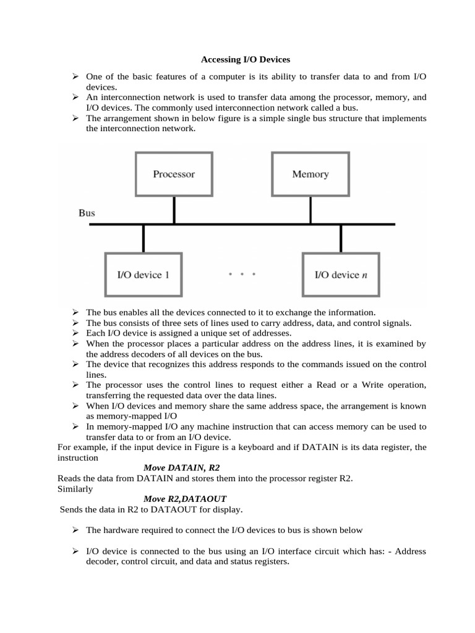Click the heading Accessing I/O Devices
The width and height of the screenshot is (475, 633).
click(x=245, y=60)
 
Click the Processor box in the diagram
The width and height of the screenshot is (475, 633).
click(x=174, y=174)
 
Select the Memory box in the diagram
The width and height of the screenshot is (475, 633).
click(x=310, y=174)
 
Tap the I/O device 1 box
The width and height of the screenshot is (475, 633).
click(x=143, y=274)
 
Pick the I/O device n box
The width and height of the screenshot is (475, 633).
click(x=341, y=274)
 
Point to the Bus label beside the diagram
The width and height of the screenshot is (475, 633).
click(x=87, y=213)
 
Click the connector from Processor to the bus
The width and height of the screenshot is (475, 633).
click(x=174, y=210)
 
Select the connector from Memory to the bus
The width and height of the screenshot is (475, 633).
click(x=310, y=210)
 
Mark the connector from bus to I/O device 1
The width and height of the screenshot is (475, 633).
click(x=143, y=238)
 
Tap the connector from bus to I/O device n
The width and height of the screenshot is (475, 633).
click(x=341, y=238)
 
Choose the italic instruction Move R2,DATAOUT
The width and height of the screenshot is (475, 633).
click(x=185, y=498)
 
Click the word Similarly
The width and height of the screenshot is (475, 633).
click(x=75, y=488)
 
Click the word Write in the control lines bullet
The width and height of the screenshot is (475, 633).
click(x=366, y=384)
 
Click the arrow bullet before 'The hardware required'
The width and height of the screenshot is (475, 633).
click(x=74, y=530)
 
